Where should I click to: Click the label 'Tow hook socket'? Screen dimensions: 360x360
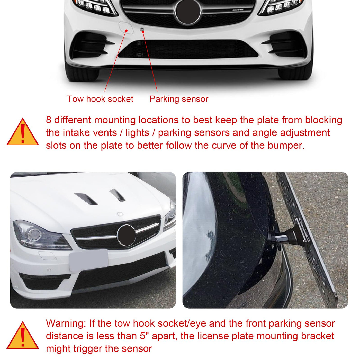pyautogui.click(x=100, y=99)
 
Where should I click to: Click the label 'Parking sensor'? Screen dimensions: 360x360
pyautogui.click(x=179, y=99)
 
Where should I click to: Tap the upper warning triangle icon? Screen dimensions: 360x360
pyautogui.click(x=23, y=132)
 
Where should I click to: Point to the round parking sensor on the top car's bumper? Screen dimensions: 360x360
pyautogui.click(x=142, y=29)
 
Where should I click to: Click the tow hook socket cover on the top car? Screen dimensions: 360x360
pyautogui.click(x=126, y=28)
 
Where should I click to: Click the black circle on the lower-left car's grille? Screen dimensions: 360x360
pyautogui.click(x=126, y=235)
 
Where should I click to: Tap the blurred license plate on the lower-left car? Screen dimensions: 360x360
pyautogui.click(x=88, y=260)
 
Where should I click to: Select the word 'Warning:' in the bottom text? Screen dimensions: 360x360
pyautogui.click(x=66, y=323)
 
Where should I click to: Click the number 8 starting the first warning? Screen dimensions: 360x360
pyautogui.click(x=49, y=120)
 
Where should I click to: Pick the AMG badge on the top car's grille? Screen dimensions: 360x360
pyautogui.click(x=239, y=9)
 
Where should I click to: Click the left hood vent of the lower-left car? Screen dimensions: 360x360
pyautogui.click(x=86, y=199)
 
